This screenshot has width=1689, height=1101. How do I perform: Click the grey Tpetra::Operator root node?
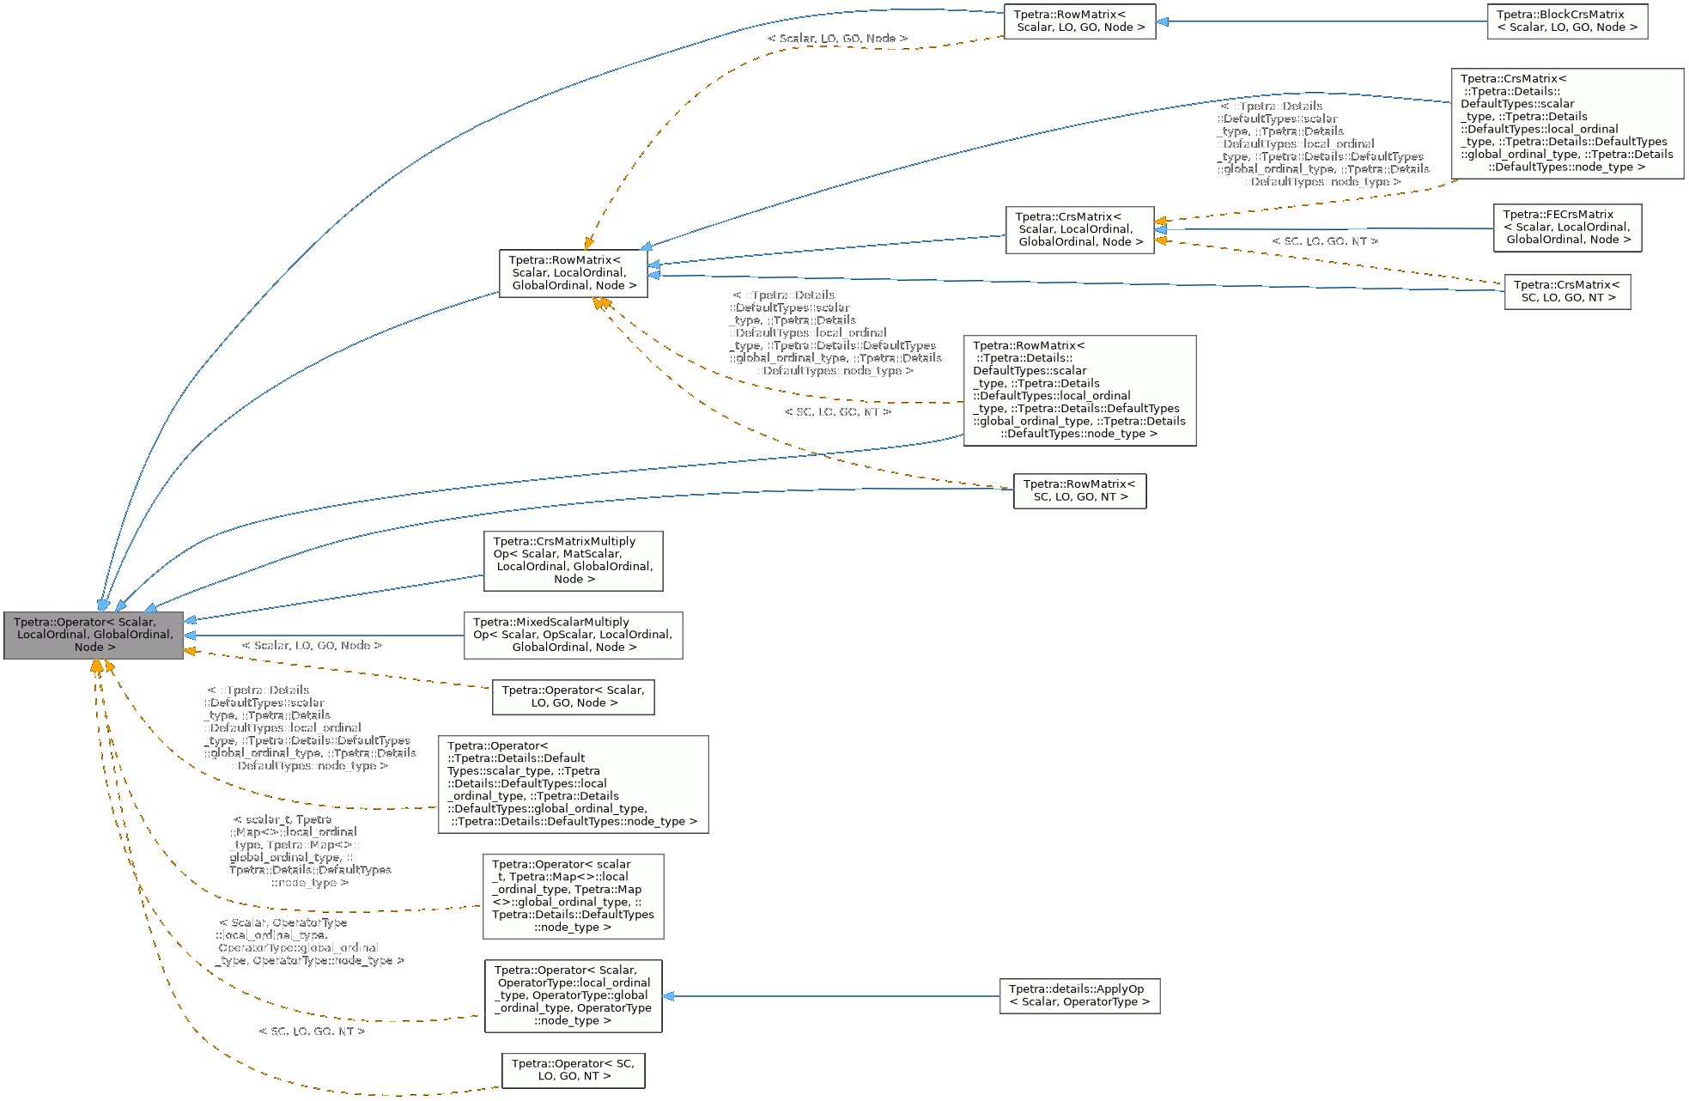pos(93,635)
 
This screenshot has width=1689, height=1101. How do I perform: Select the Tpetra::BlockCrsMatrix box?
pos(1567,21)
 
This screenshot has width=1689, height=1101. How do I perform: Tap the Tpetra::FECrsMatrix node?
pos(1567,228)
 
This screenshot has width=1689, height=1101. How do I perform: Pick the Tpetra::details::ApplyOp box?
pos(1079,995)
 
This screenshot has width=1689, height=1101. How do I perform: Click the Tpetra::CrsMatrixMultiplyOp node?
pos(573,561)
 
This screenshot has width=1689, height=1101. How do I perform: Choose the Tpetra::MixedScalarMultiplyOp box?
pos(573,635)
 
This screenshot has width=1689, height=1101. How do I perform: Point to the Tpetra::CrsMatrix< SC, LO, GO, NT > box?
pos(1567,292)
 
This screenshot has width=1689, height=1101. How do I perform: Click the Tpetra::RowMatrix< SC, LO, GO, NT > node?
pos(1079,490)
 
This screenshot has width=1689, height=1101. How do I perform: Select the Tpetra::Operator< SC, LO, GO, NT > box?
pos(573,1070)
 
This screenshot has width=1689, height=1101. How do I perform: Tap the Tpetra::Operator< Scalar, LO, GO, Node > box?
pos(573,696)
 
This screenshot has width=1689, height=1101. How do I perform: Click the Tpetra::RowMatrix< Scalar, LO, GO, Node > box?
pos(1079,21)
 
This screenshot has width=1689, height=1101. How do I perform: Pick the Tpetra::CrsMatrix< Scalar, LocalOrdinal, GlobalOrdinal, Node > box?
pos(1079,229)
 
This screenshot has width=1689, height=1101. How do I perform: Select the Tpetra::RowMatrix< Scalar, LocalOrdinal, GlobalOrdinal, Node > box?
pos(573,273)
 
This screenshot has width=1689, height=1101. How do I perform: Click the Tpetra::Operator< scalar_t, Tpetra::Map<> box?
pos(573,896)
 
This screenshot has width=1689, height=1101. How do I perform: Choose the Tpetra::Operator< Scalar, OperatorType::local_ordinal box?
pos(573,995)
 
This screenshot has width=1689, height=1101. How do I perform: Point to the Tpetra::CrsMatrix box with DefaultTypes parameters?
pos(1567,123)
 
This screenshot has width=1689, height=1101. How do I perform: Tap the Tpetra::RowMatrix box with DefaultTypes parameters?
pos(1079,390)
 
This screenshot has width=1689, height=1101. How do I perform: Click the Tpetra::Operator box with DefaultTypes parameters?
pos(573,783)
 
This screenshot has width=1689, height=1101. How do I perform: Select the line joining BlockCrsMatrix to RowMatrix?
pos(1322,21)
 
